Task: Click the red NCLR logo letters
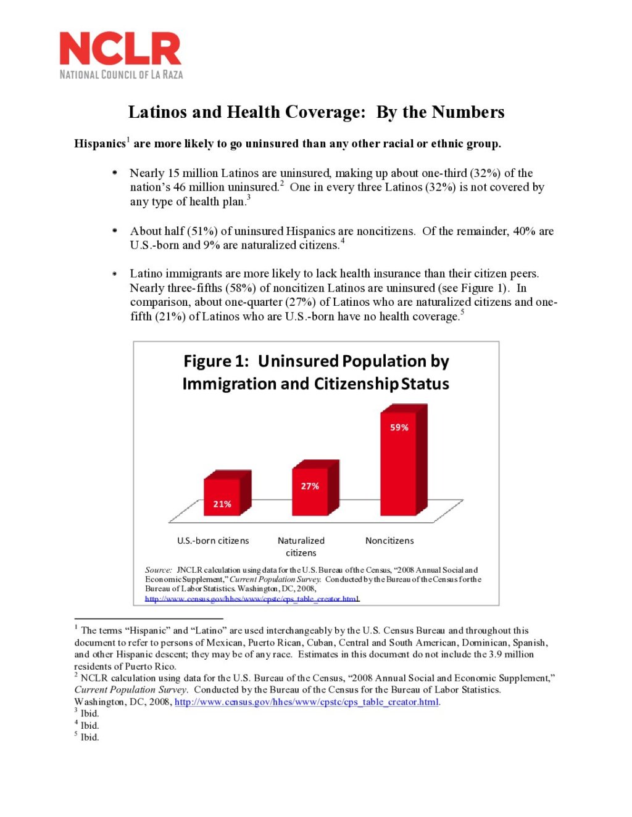[120, 49]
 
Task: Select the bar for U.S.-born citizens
[222, 496]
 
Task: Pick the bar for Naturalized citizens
[310, 490]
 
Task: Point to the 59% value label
[399, 427]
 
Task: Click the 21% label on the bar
[222, 504]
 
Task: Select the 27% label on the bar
[310, 486]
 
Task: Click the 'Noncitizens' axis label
[389, 541]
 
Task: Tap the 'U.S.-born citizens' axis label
[213, 541]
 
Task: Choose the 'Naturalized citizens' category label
[301, 546]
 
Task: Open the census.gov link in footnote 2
[307, 702]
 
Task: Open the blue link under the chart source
[252, 599]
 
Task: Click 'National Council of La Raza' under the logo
[121, 75]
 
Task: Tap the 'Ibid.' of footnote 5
[89, 737]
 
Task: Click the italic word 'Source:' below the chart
[159, 570]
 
